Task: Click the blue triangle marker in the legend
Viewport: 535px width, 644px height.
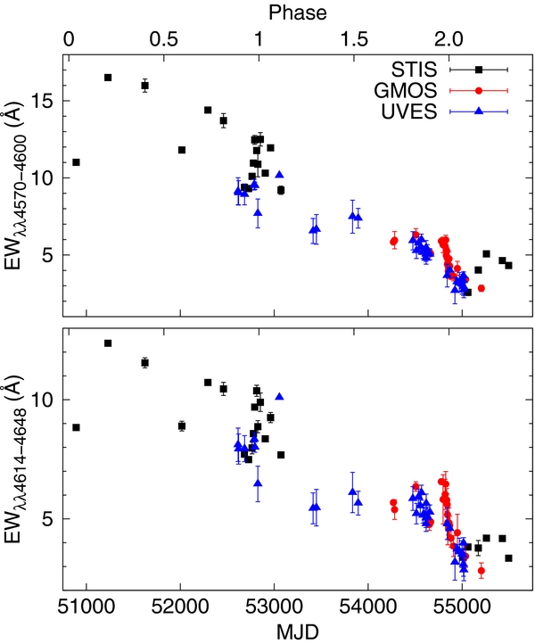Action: (479, 111)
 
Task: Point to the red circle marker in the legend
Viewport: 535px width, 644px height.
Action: (479, 90)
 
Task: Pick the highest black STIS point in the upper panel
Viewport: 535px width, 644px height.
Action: (108, 78)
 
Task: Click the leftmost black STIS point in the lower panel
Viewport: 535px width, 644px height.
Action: (76, 427)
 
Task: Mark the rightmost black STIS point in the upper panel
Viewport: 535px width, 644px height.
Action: (508, 265)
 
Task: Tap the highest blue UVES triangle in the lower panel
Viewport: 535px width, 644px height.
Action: (280, 396)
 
